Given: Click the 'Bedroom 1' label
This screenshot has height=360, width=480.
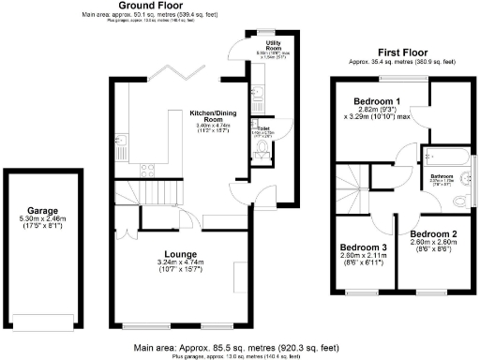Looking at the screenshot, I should [377, 101].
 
